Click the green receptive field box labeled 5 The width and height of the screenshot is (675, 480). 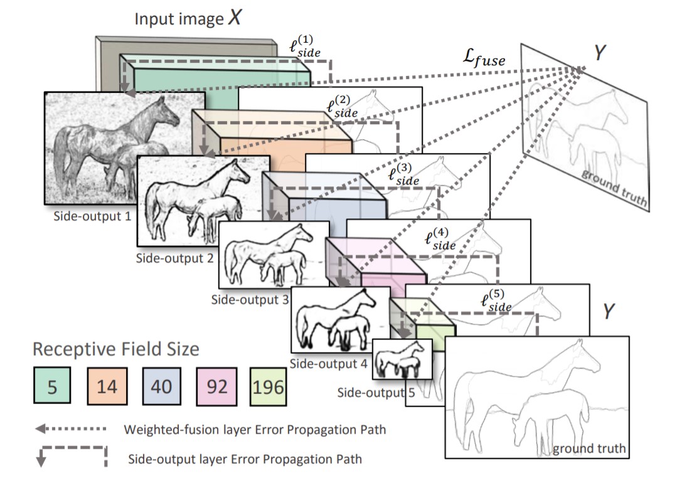[52, 385]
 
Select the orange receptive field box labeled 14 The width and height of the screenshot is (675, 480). [107, 385]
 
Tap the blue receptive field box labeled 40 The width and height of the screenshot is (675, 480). [161, 385]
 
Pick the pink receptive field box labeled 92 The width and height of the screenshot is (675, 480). [216, 385]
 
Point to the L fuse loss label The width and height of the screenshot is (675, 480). [482, 59]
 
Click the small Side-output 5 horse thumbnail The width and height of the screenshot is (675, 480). [401, 358]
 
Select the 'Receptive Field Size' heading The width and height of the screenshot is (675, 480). [115, 349]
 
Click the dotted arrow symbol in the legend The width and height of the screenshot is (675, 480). [70, 430]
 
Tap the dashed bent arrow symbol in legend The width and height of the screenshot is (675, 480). [70, 456]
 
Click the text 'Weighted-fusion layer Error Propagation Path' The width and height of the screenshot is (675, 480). [255, 430]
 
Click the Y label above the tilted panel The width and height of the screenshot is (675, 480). [600, 53]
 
